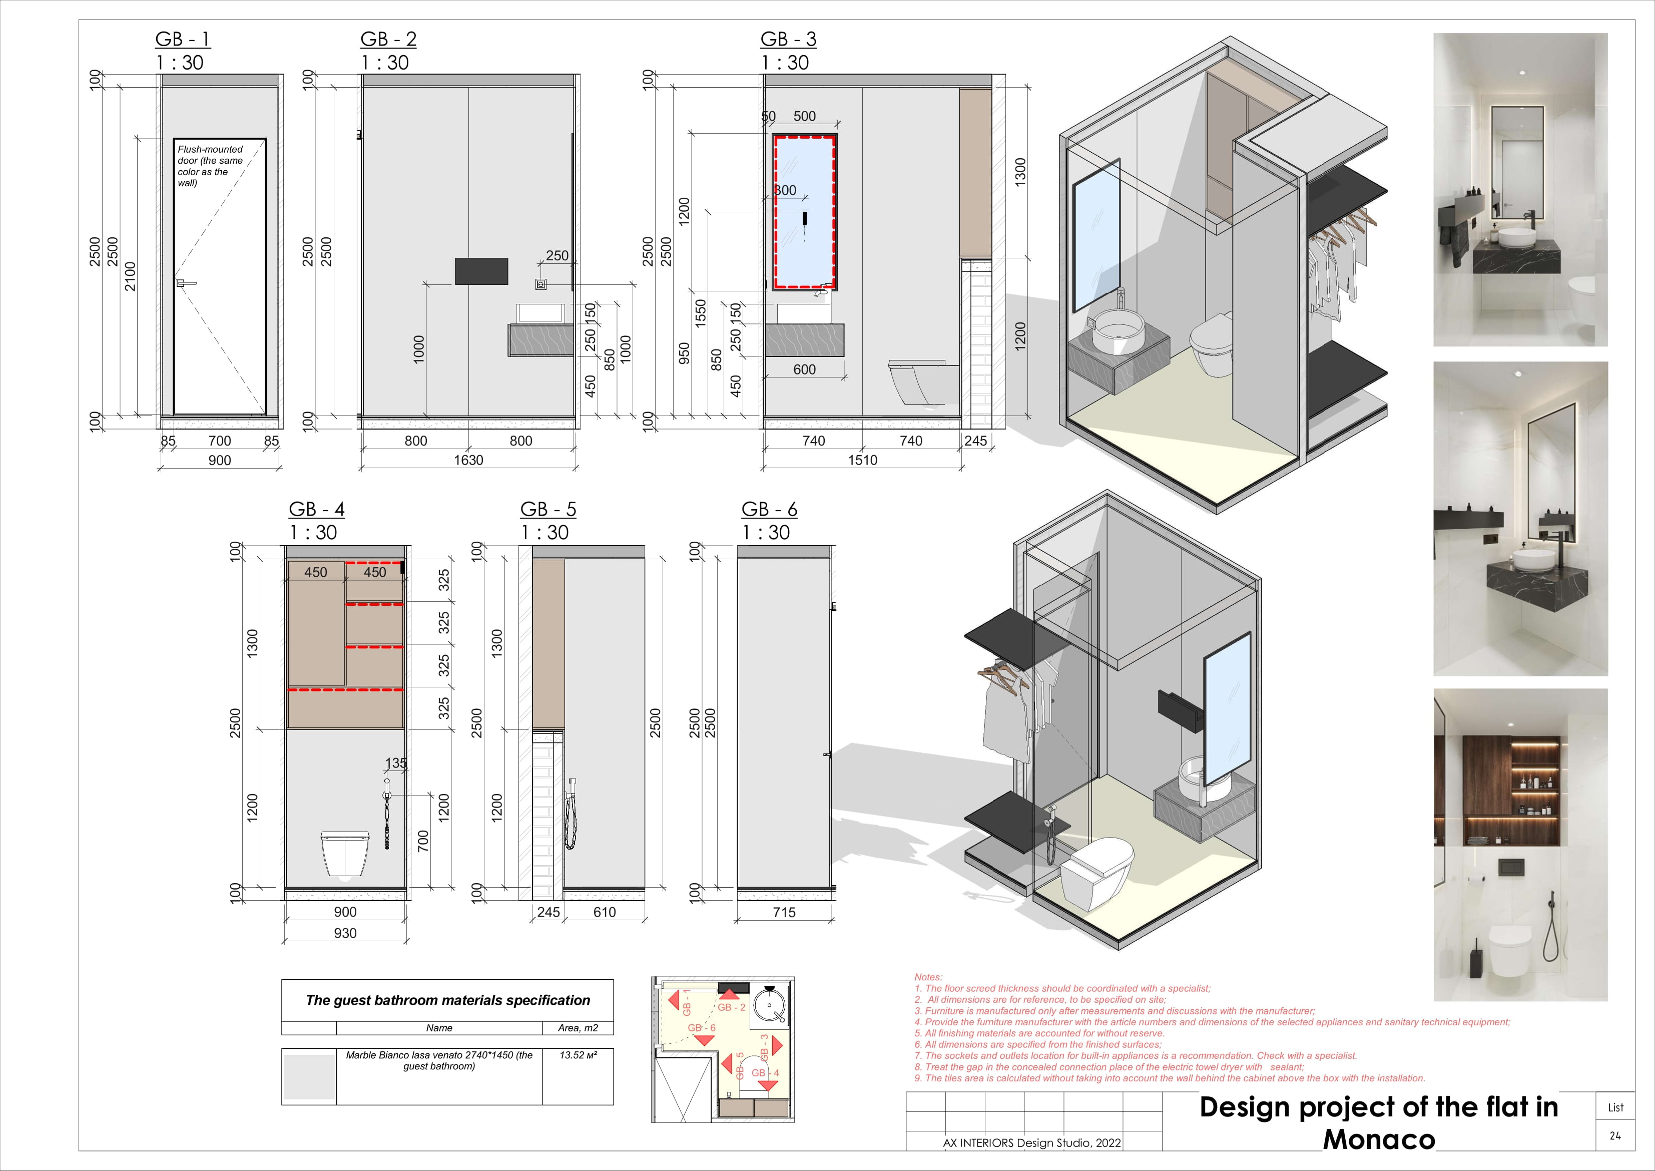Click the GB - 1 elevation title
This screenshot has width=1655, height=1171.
point(182,40)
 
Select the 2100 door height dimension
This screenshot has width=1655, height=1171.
point(130,276)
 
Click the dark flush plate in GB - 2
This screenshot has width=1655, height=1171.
point(481,271)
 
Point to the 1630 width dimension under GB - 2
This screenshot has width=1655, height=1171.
point(468,460)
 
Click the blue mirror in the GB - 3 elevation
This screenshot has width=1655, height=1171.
point(804,212)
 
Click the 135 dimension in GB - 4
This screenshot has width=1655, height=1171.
point(396,763)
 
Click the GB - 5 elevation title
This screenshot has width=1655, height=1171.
point(548,510)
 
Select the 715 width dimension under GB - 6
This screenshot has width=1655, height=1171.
point(784,912)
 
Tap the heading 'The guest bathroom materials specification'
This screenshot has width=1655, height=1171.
point(447,1000)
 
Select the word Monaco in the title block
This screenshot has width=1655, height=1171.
point(1378,1140)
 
